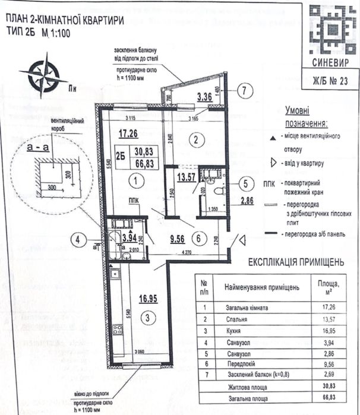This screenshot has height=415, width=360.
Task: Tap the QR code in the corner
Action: (x=333, y=30)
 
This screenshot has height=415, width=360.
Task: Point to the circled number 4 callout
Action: (x=78, y=240)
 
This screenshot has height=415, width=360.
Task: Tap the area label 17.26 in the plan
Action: (x=128, y=134)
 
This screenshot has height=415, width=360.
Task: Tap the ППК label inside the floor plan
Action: (x=134, y=201)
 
